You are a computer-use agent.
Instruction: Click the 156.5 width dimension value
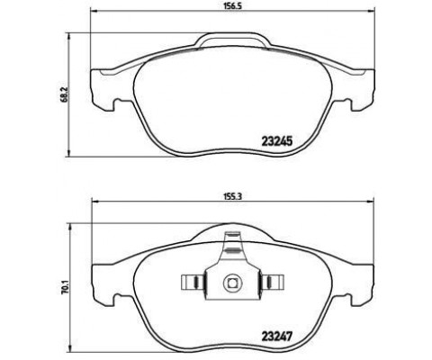click(232, 6)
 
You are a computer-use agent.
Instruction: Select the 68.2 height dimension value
click(64, 94)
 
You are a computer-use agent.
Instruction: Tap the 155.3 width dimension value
click(232, 196)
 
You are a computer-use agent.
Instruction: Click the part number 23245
click(277, 141)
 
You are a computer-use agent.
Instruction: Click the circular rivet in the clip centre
click(232, 283)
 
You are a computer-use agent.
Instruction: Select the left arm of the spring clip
click(193, 283)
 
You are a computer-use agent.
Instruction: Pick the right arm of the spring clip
click(272, 283)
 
